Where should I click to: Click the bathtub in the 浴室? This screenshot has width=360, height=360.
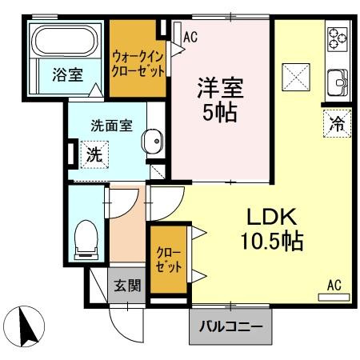(63, 40)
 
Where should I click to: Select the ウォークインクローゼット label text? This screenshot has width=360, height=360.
(139, 63)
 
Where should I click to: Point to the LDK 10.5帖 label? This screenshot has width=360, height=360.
(272, 228)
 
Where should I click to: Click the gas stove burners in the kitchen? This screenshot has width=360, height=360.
(337, 38)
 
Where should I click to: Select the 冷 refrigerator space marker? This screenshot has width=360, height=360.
(337, 124)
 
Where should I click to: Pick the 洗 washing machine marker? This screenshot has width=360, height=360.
(94, 156)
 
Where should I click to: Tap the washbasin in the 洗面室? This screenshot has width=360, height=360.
(152, 143)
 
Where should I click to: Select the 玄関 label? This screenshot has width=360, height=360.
(125, 285)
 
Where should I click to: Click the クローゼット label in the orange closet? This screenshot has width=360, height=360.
(167, 259)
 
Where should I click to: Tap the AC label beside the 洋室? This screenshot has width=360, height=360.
(190, 37)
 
